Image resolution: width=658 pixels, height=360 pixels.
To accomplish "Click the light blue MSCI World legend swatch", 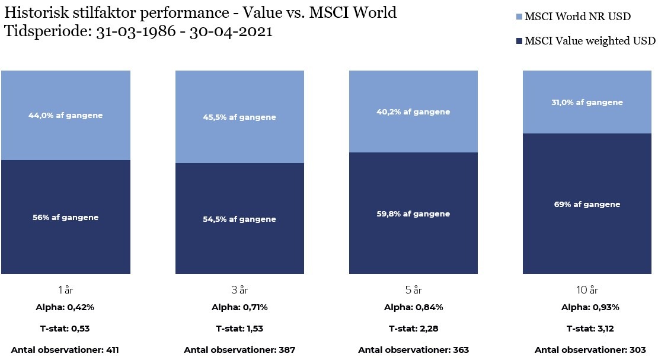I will point(520,17).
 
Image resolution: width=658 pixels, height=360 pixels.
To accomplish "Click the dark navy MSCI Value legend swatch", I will point(520,41).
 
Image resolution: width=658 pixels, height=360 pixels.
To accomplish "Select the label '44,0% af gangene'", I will point(66,115).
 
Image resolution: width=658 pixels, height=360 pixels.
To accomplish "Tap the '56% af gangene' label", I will point(66,217).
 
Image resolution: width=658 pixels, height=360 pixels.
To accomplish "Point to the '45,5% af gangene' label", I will point(239,117).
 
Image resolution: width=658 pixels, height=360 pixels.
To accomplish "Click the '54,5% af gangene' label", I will point(239,219).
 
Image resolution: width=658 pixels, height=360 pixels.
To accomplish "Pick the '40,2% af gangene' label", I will point(414,111).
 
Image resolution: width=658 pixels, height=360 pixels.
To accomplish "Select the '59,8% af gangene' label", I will point(414,214).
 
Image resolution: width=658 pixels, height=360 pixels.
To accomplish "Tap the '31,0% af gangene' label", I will point(587,102).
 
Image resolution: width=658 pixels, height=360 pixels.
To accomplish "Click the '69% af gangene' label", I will point(587,204).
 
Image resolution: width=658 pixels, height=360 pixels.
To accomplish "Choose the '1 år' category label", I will point(66,290).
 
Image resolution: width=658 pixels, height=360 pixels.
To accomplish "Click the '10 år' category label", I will point(587,290).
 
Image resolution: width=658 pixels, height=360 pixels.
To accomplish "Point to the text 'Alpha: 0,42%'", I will point(66,307).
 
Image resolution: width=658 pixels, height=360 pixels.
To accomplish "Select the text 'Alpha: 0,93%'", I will point(590,307).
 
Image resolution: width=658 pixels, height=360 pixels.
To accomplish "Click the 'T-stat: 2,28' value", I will point(414,329).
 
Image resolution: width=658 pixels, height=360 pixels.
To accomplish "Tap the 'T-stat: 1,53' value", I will point(239,329).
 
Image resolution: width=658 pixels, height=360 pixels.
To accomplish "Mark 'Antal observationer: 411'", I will point(65,350).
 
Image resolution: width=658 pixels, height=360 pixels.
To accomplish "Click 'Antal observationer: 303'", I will point(590,350).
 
